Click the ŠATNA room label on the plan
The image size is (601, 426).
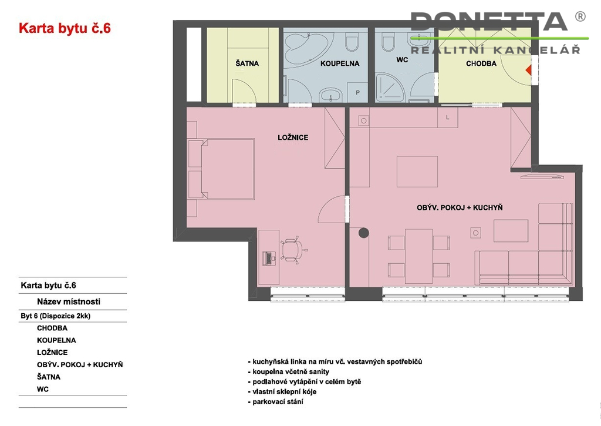[247, 63]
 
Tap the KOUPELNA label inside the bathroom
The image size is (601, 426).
[340, 63]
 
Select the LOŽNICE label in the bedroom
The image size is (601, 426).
[293, 137]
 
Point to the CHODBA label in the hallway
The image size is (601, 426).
[481, 63]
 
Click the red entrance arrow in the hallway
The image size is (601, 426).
[529, 70]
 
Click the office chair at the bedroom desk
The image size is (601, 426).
[293, 251]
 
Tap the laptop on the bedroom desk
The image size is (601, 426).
[269, 258]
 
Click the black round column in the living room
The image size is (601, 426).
[364, 233]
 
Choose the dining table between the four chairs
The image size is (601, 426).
[418, 256]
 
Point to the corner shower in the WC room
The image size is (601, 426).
[390, 88]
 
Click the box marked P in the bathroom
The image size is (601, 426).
[357, 92]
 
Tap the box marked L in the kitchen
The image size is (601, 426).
[448, 118]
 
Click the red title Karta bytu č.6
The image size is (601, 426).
[65, 28]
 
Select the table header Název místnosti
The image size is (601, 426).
[69, 301]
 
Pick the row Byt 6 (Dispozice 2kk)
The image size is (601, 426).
[56, 316]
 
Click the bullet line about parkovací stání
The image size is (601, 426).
[276, 402]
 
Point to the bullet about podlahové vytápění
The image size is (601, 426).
[305, 382]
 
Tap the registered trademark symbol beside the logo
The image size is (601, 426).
[580, 16]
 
